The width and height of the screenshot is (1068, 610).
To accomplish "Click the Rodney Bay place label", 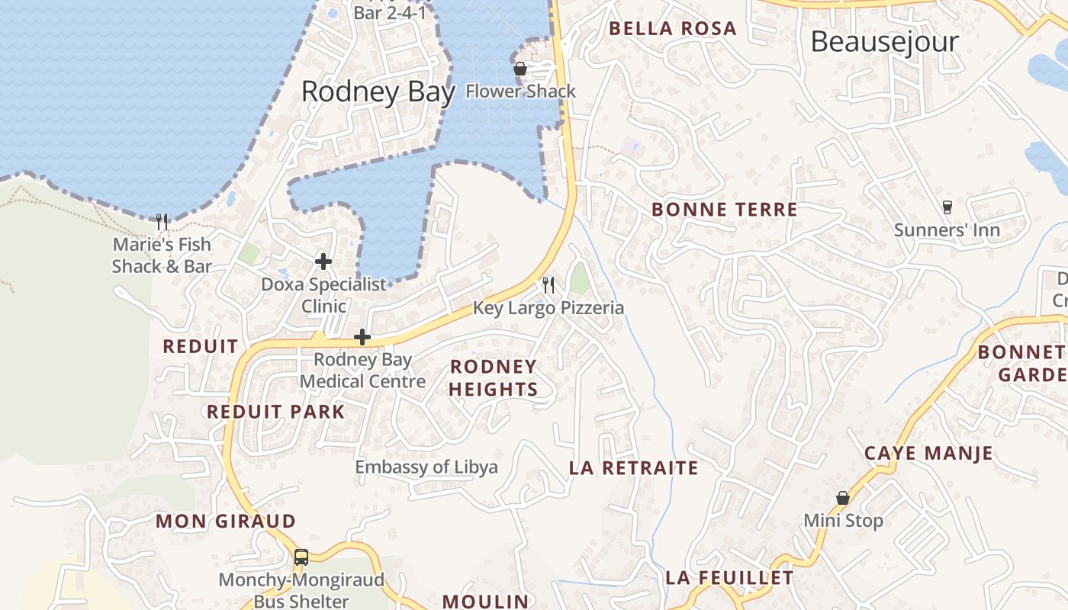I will (378, 91).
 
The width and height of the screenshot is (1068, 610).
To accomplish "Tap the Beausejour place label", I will (884, 41).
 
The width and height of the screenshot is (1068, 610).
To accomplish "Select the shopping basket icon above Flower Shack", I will (520, 69).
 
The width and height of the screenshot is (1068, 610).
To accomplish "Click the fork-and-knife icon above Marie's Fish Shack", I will (162, 222).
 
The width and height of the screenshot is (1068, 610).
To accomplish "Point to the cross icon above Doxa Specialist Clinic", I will (323, 262).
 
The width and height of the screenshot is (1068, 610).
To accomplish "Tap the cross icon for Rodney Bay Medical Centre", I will (362, 337).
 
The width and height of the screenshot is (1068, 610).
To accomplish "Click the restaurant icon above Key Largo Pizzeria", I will (548, 285).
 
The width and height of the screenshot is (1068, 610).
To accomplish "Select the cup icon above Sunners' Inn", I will (947, 207).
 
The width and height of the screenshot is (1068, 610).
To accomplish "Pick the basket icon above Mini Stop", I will (843, 498).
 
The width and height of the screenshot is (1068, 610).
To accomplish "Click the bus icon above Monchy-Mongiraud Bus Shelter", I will (301, 557).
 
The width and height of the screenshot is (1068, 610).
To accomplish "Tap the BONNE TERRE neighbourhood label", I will (724, 210).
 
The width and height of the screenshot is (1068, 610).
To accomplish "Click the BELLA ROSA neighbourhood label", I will (672, 29).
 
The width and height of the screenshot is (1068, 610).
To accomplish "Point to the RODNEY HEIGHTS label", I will (493, 378).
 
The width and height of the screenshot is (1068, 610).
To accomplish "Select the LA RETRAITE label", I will (633, 468).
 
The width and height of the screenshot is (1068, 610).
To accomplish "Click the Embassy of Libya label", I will (426, 467).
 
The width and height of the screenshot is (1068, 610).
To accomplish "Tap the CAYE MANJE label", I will (928, 453).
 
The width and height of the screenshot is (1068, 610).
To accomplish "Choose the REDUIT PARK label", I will (276, 412).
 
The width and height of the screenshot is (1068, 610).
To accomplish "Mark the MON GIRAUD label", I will (226, 522).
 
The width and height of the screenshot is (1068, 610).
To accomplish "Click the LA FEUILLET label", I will (729, 578).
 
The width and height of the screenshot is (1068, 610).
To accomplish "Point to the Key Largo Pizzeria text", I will (548, 308).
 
